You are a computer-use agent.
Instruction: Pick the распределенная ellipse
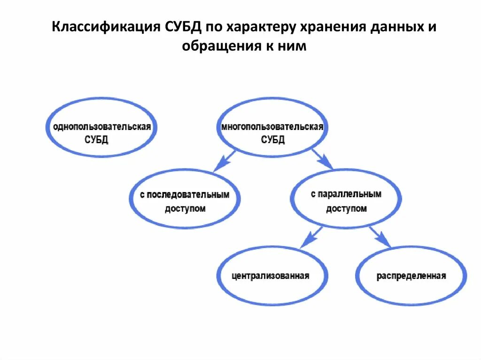click(411, 276)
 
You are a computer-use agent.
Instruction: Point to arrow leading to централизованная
click(310, 237)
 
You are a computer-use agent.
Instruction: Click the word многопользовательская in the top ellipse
click(272, 127)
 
